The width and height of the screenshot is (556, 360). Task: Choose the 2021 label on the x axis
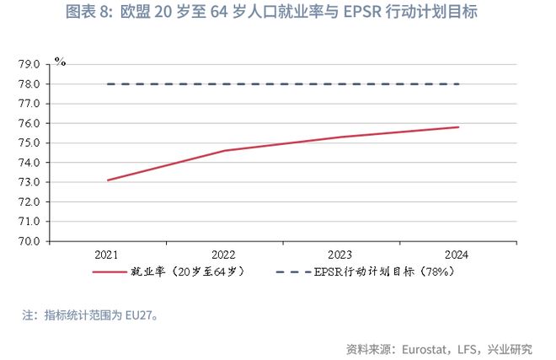coord(108,255)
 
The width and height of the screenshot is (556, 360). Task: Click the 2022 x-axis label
coord(223,255)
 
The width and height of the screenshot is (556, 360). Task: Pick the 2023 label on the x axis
coord(339,255)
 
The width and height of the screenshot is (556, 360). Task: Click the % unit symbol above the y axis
coord(60,61)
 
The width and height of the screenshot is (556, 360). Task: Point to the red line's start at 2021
coord(108,180)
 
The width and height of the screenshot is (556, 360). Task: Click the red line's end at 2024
coord(458,127)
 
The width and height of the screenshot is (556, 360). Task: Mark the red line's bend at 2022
coord(224,150)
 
